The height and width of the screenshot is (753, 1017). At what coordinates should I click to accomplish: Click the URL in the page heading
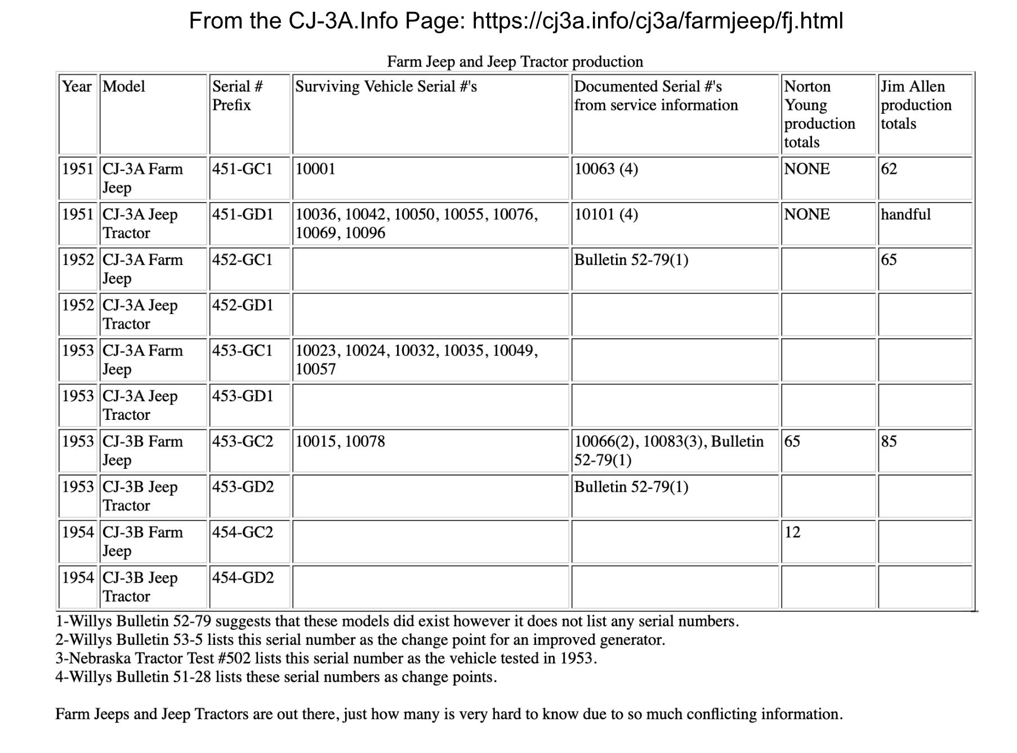658,21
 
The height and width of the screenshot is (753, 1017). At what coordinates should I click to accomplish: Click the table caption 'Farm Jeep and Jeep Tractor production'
515,61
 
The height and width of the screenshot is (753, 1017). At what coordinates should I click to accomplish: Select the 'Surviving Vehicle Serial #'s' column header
386,87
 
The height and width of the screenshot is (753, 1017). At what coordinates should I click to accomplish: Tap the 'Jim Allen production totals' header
916,105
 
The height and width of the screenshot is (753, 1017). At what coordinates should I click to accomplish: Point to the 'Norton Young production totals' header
819,114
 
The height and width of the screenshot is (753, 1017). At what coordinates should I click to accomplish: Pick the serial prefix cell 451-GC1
242,169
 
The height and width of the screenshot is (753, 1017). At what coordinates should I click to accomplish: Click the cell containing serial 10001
315,169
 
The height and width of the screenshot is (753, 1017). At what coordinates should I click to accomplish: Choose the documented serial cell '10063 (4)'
606,169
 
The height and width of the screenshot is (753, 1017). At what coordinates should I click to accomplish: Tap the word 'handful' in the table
906,214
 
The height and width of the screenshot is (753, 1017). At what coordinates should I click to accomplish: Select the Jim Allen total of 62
889,169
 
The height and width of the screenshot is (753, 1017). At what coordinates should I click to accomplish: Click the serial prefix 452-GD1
243,305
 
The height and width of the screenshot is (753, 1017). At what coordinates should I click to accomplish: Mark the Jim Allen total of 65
889,260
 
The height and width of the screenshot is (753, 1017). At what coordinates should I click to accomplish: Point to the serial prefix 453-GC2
243,441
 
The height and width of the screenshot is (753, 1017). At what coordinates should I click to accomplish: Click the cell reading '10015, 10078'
340,441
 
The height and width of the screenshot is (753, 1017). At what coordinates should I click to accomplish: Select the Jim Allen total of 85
889,441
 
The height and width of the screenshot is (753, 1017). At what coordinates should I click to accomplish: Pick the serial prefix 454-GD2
243,577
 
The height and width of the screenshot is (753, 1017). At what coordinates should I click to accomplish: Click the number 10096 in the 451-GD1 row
365,233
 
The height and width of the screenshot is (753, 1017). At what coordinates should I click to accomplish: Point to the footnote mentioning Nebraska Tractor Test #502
326,658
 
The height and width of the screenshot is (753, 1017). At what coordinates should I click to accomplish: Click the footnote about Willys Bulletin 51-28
276,677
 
